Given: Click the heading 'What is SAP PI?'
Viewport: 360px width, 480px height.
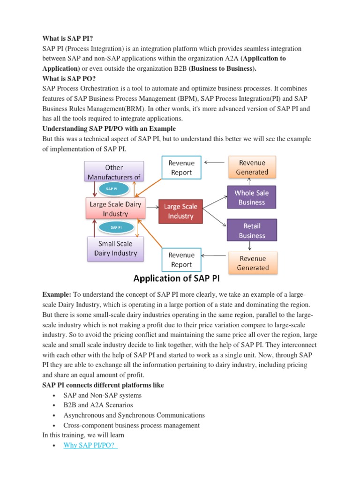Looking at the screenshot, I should [68, 39].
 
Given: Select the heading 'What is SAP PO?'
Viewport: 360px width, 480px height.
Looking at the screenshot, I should [69, 78].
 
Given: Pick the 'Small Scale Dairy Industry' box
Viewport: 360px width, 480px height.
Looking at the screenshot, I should [115, 248].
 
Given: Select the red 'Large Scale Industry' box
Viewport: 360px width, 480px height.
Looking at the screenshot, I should [180, 211].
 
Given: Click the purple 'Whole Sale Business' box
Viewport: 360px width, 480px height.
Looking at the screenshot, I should [252, 197].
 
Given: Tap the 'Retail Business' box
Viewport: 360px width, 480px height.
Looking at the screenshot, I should [252, 231].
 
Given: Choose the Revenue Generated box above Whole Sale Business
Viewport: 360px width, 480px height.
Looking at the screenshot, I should [252, 168].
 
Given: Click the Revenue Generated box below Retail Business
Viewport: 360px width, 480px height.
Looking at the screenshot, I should [253, 263].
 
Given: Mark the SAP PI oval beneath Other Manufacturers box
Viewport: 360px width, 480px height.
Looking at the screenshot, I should [112, 188].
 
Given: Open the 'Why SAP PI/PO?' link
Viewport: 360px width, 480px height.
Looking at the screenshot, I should [90, 445].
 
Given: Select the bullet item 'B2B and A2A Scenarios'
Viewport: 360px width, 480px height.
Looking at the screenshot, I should [98, 405].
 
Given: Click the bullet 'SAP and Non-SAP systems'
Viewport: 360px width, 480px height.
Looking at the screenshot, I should [102, 395].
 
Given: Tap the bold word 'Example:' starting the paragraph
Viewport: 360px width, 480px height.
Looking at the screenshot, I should [56, 294].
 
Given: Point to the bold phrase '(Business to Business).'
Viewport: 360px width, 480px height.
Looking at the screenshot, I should [223, 68].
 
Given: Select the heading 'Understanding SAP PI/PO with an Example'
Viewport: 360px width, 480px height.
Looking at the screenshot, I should [110, 128].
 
